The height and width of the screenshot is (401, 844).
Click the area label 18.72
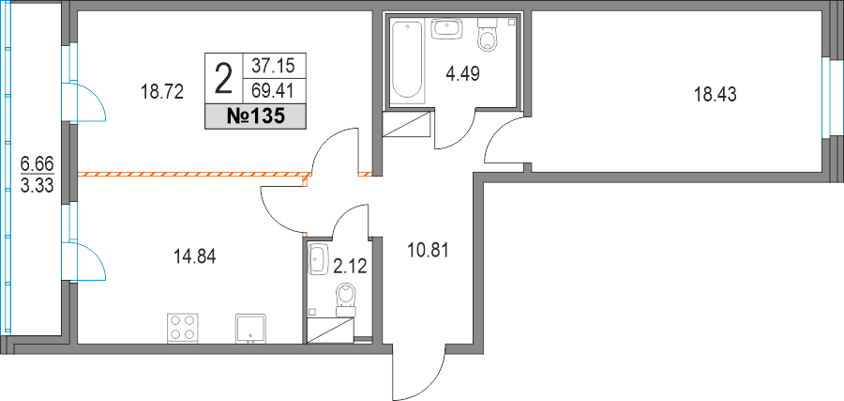[x=160, y=92]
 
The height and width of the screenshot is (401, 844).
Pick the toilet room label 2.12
[x=350, y=267]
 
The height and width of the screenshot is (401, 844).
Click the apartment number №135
[x=256, y=117]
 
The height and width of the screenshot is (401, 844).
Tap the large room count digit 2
[x=224, y=78]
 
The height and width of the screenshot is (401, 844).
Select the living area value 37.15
[x=275, y=66]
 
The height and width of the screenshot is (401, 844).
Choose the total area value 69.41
[x=275, y=91]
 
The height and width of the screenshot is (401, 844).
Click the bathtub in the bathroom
[x=407, y=58]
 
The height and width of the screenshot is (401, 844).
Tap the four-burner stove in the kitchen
[x=183, y=327]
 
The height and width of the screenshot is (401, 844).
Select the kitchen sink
[x=250, y=328]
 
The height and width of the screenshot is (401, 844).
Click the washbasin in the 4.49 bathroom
[x=447, y=29]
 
